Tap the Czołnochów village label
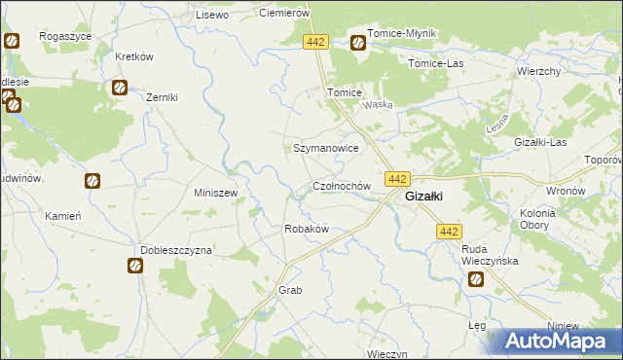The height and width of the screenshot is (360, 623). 342,185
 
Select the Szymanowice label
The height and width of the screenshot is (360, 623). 327,148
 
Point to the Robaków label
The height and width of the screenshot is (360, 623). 306,229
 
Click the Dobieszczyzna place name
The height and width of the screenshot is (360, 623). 176,250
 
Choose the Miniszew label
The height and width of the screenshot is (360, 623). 216,193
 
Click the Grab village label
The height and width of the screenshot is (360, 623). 291,291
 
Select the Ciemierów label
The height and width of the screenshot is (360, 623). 283,13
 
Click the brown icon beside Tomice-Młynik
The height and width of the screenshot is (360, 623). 357,43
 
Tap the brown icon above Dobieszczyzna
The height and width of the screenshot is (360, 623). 133,266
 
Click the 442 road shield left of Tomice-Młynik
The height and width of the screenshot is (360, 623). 314,43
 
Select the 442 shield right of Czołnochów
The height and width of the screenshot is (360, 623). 398,179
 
